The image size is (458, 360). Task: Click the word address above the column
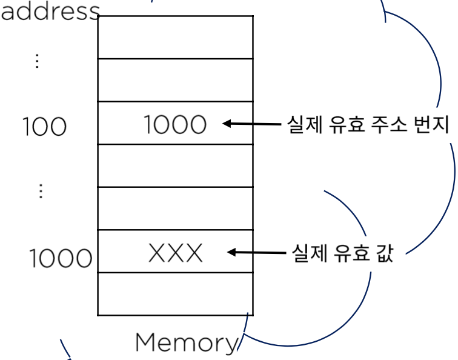[x=50, y=10]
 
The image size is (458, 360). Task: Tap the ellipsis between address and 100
[x=37, y=61]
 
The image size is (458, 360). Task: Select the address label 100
[x=44, y=127]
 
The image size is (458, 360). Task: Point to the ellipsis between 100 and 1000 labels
[x=41, y=191]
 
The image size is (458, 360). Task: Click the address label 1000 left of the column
[x=61, y=259]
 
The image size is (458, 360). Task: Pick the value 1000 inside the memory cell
[x=175, y=125]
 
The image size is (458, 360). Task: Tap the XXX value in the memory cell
[x=175, y=253]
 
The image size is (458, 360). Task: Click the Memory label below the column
[x=187, y=343]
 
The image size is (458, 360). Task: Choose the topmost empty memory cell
[x=175, y=37]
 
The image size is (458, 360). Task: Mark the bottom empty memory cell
[x=175, y=294]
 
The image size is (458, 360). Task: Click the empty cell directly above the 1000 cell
[x=175, y=80]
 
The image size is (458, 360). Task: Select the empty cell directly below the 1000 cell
[x=175, y=165]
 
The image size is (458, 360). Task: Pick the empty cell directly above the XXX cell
[x=175, y=208]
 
